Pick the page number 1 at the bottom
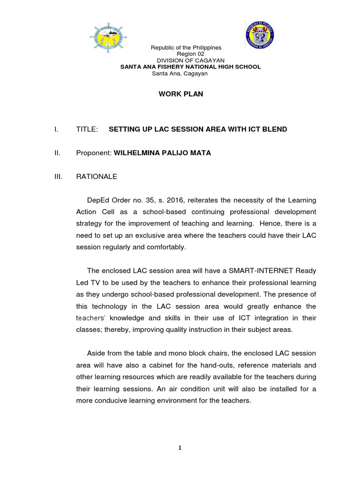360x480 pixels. (x=180, y=448)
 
